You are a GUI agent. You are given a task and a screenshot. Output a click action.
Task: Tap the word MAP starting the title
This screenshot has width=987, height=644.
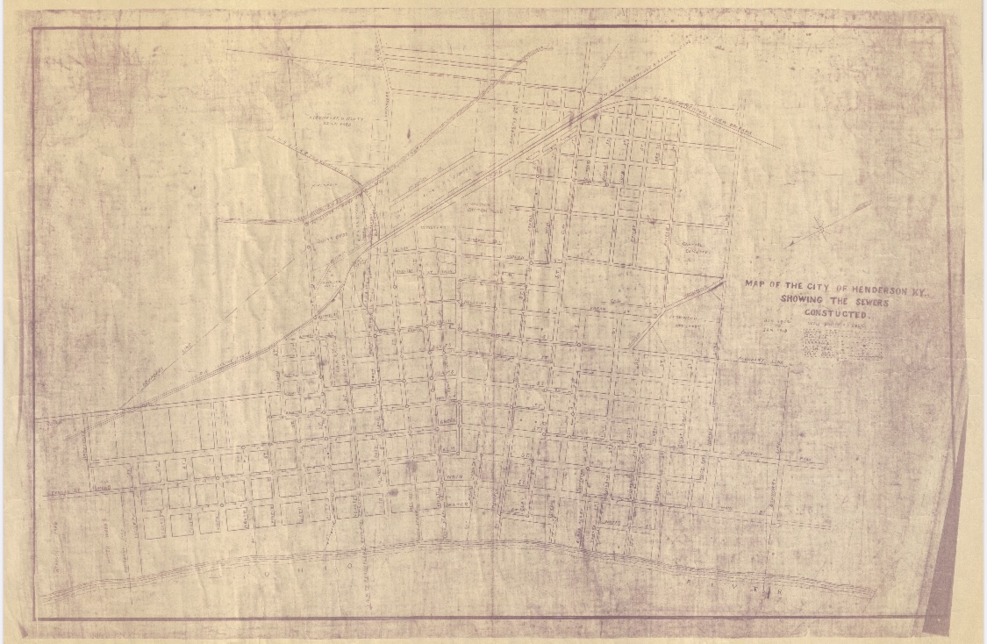click(x=755, y=284)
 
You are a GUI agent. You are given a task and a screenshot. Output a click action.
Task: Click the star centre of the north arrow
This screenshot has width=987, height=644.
click(x=821, y=231)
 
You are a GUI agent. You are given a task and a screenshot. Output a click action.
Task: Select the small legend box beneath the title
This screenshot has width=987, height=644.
click(x=841, y=349)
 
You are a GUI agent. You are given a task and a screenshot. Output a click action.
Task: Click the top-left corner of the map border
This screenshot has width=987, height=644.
click(x=34, y=28)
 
